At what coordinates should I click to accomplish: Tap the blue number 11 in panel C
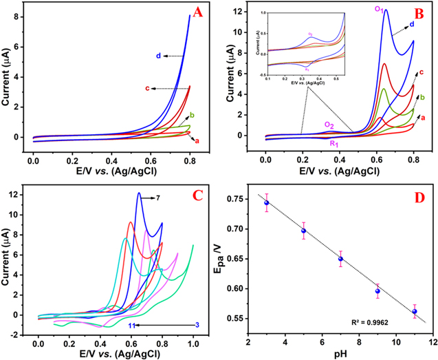[132, 325]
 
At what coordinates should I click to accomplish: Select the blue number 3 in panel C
[197, 325]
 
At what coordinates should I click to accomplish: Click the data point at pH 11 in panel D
[414, 311]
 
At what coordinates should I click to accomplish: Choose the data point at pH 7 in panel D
[340, 259]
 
